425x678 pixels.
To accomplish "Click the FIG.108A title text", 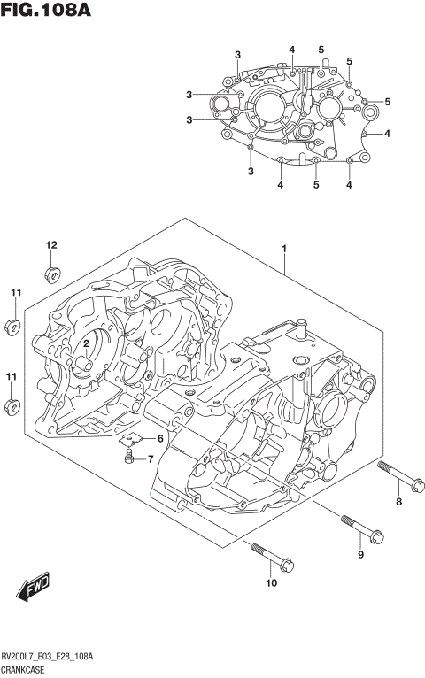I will pyautogui.click(x=47, y=12).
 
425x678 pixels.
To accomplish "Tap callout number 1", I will pyautogui.click(x=283, y=249).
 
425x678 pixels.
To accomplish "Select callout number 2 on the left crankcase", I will pyautogui.click(x=87, y=343).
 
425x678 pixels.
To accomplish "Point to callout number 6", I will pyautogui.click(x=160, y=439).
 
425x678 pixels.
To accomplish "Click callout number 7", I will pyautogui.click(x=151, y=458).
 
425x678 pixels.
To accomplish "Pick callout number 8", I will pyautogui.click(x=398, y=502).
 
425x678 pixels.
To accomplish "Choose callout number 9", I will pyautogui.click(x=360, y=555).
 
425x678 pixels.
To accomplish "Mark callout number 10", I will pyautogui.click(x=271, y=582).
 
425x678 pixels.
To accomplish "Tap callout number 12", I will pyautogui.click(x=50, y=245).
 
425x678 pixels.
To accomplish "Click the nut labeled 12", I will pyautogui.click(x=51, y=271).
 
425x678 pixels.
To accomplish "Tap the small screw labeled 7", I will pyautogui.click(x=130, y=458).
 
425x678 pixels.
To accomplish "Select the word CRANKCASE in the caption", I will pyautogui.click(x=27, y=670).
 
